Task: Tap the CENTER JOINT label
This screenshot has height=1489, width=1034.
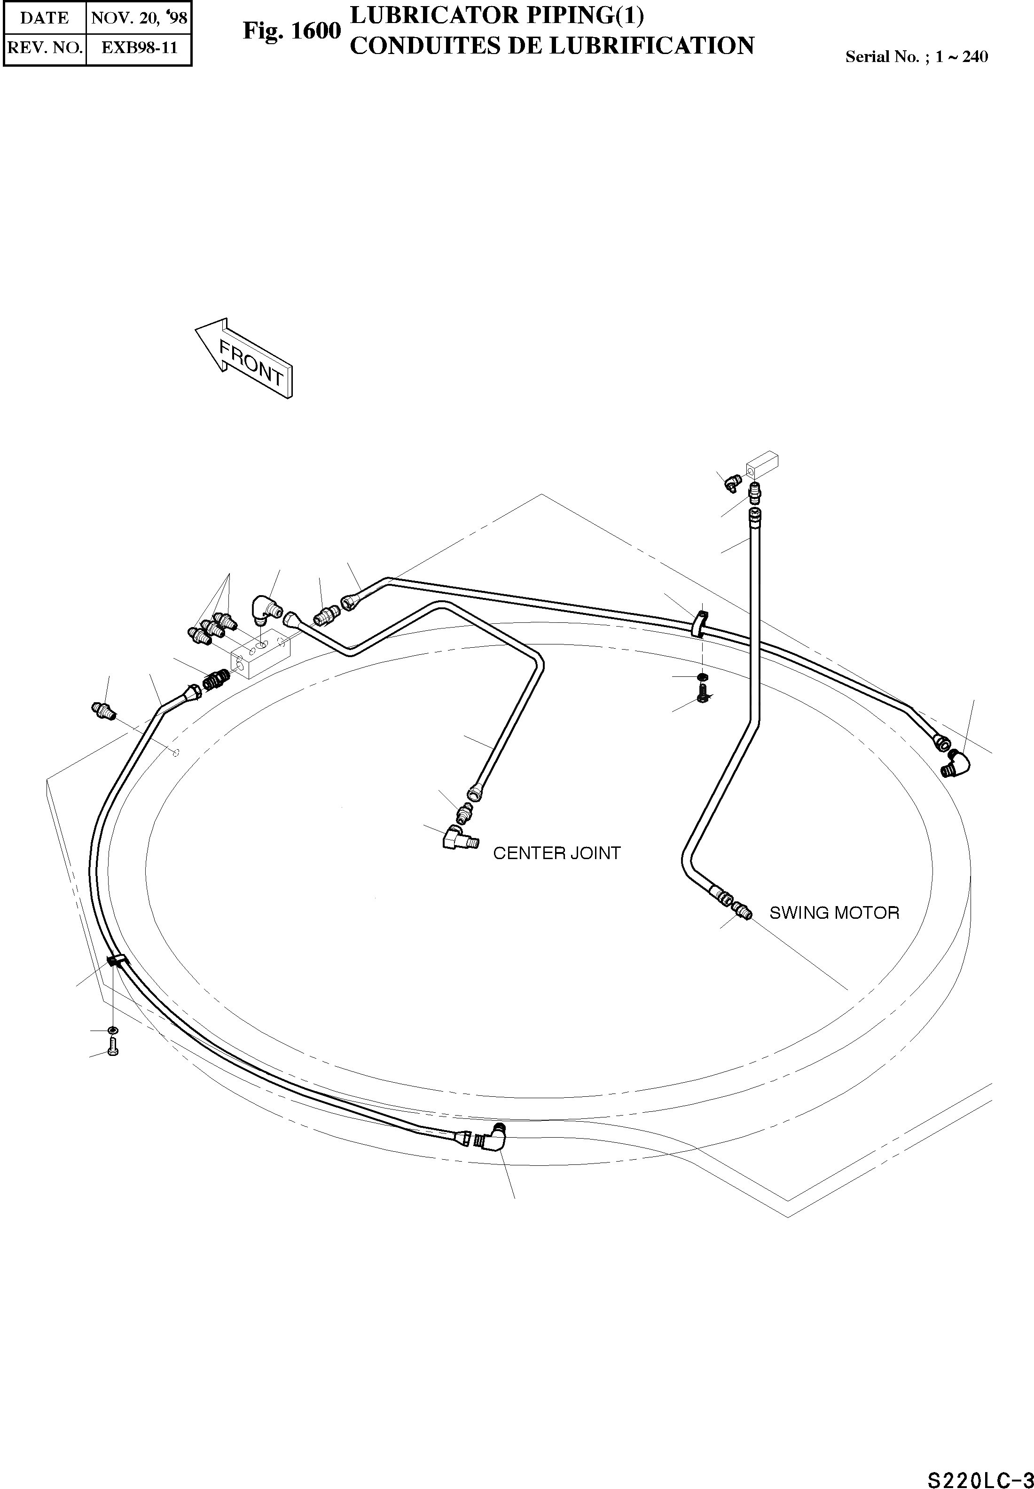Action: [556, 853]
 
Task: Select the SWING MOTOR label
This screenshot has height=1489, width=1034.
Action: [834, 913]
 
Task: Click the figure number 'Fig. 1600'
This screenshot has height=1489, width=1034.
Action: [291, 31]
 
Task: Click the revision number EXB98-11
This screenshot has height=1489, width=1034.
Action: [139, 47]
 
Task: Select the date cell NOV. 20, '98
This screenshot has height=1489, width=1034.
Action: [139, 17]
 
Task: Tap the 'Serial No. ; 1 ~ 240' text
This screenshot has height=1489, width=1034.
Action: [916, 57]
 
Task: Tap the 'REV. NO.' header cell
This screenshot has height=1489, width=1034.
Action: [44, 47]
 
